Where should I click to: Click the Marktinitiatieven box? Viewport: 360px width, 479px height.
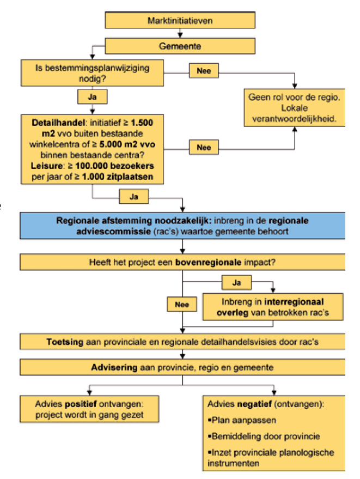pyautogui.click(x=180, y=21)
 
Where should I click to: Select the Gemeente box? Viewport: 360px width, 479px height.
pyautogui.click(x=180, y=46)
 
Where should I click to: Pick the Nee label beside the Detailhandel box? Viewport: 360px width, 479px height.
pyautogui.click(x=204, y=147)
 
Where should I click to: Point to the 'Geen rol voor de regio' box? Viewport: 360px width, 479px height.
pyautogui.click(x=295, y=107)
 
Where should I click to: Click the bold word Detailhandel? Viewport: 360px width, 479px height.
pyautogui.click(x=53, y=123)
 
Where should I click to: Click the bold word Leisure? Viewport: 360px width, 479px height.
pyautogui.click(x=47, y=166)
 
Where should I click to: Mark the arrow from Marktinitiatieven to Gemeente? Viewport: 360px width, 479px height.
pyautogui.click(x=180, y=34)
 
